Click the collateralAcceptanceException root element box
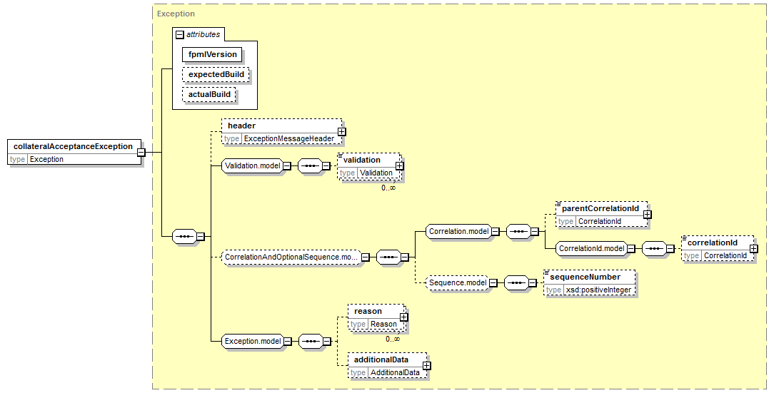[x=74, y=153]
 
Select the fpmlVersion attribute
[x=212, y=54]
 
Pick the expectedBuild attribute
[x=216, y=74]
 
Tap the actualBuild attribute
[x=209, y=94]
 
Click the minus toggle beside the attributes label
[x=180, y=34]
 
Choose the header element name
[x=242, y=126]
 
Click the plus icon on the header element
[x=341, y=132]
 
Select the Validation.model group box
[x=252, y=165]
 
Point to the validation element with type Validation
[x=370, y=166]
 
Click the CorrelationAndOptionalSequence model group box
[x=291, y=257]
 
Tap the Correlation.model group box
[x=458, y=231]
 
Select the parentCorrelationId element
[x=601, y=215]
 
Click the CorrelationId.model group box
[x=591, y=248]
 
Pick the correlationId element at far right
[x=718, y=248]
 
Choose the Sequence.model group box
[x=457, y=282]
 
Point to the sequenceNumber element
[x=589, y=283]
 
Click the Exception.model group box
[x=253, y=341]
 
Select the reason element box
[x=376, y=317]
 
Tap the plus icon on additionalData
[x=426, y=365]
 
